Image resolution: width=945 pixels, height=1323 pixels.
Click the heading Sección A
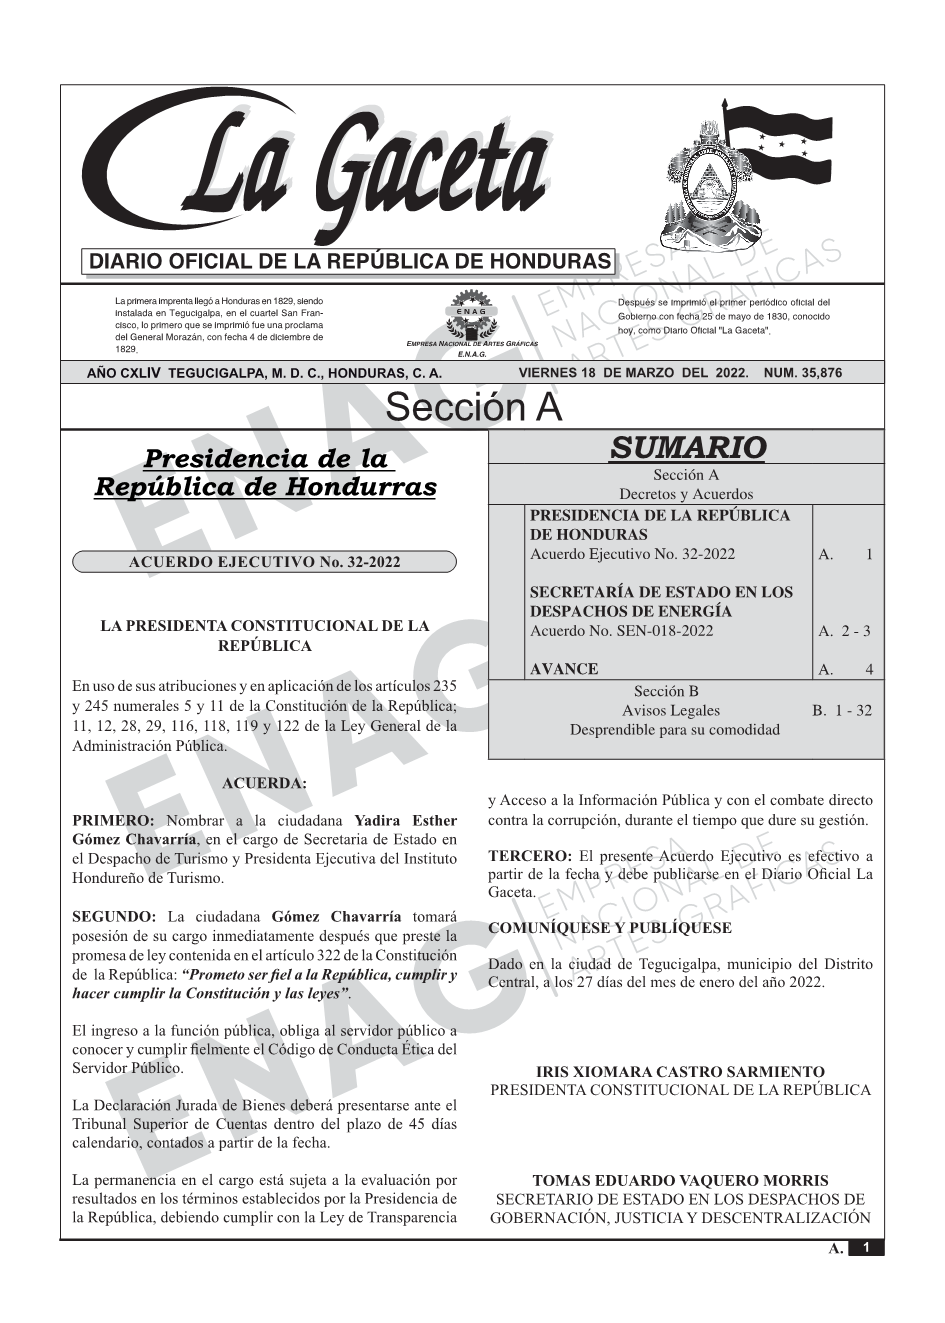[473, 408]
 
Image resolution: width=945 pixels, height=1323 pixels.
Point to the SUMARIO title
[687, 448]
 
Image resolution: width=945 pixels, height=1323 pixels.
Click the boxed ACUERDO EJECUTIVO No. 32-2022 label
[264, 562]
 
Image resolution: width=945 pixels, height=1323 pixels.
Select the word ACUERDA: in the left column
[264, 783]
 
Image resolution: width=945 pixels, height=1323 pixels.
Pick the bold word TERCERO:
[529, 856]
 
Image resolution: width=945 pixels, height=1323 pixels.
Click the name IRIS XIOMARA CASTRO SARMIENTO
[680, 1072]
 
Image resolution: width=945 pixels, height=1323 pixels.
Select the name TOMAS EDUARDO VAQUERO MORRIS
[680, 1181]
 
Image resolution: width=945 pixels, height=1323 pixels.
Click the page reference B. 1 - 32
[842, 711]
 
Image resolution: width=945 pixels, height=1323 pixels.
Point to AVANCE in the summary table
[564, 669]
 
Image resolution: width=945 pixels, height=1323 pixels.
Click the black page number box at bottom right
[866, 1248]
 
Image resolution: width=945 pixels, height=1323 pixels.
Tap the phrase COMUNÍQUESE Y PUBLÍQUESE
[609, 928]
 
